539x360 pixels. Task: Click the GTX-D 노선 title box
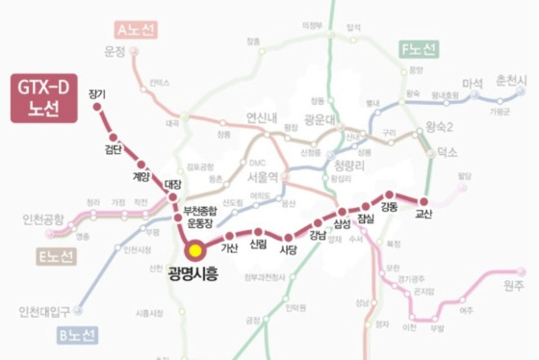tap(42, 97)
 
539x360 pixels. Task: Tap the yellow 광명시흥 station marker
tap(194, 249)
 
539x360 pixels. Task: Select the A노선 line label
tap(134, 29)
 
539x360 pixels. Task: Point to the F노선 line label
tap(418, 47)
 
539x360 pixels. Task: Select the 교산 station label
tap(424, 213)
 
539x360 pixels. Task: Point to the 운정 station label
tap(115, 52)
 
